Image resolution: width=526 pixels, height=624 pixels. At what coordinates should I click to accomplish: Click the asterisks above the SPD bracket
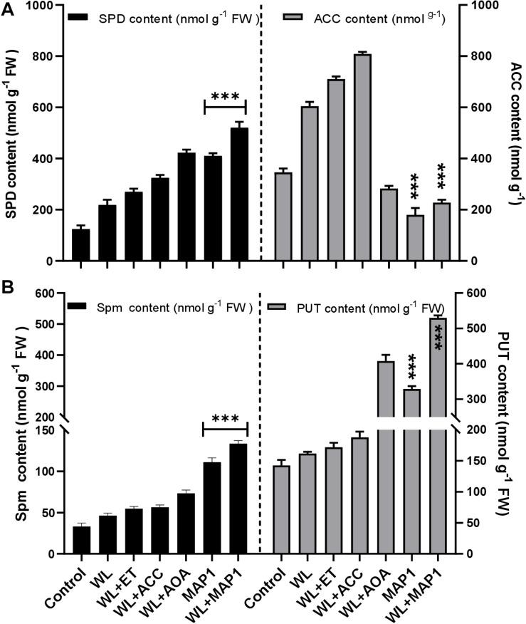coord(225,96)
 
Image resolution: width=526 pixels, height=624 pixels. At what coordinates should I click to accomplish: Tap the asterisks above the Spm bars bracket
coord(225,417)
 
